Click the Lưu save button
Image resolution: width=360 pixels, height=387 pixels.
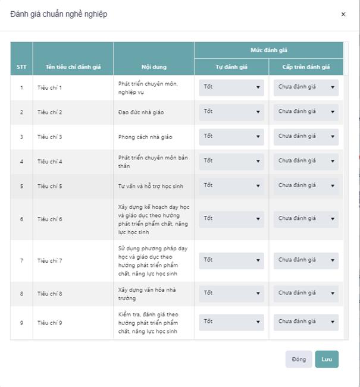(327, 359)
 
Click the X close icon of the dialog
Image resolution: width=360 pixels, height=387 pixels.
(343, 14)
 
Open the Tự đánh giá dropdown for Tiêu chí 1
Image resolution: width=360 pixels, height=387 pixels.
(231, 87)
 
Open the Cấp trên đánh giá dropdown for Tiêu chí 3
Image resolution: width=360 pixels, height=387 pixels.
(306, 137)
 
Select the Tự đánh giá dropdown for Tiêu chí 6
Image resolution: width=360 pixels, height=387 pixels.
(231, 219)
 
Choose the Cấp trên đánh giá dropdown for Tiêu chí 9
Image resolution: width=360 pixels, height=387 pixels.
(306, 322)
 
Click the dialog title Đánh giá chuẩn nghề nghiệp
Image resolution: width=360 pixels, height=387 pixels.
(59, 14)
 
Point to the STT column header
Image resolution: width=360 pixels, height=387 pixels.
(21, 67)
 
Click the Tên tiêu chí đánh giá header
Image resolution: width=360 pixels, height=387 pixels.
(73, 67)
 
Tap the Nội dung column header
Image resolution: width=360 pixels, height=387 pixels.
(154, 67)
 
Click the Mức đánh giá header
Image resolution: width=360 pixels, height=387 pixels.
(268, 50)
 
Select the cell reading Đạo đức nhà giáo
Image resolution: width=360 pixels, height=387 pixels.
(141, 112)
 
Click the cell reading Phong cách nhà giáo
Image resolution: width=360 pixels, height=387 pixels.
(145, 137)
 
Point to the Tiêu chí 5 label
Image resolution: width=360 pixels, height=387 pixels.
(49, 186)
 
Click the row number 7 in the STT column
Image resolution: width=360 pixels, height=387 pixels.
(21, 260)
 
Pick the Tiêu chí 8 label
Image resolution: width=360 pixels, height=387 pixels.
(49, 294)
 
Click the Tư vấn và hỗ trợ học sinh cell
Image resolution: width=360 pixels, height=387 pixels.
(151, 186)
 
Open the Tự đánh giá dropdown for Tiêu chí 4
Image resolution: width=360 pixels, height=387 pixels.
(231, 161)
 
